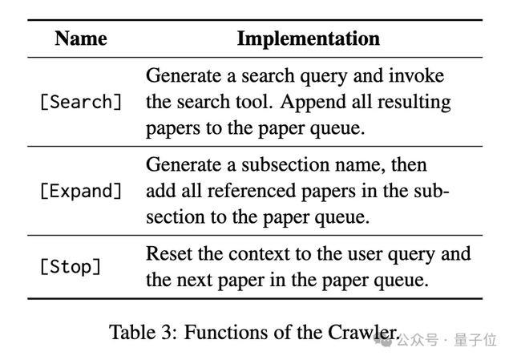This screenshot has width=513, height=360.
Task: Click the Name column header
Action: tap(81, 38)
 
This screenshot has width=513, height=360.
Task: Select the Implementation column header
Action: tap(308, 39)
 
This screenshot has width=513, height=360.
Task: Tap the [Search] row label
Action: tap(81, 102)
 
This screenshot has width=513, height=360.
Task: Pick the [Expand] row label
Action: tap(81, 191)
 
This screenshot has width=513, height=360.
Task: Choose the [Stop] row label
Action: tap(71, 266)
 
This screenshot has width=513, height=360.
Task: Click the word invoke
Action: tap(416, 75)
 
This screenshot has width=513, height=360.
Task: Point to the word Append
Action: tap(313, 102)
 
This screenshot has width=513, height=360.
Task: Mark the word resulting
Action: tap(414, 102)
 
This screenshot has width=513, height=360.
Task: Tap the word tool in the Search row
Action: tap(254, 102)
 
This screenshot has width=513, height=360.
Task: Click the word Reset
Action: tap(168, 253)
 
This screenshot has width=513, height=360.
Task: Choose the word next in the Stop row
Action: tap(196, 281)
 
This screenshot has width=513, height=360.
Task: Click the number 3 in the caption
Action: tap(166, 333)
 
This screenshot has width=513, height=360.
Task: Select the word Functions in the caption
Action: tap(226, 333)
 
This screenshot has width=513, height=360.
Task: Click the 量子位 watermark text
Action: tap(475, 340)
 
